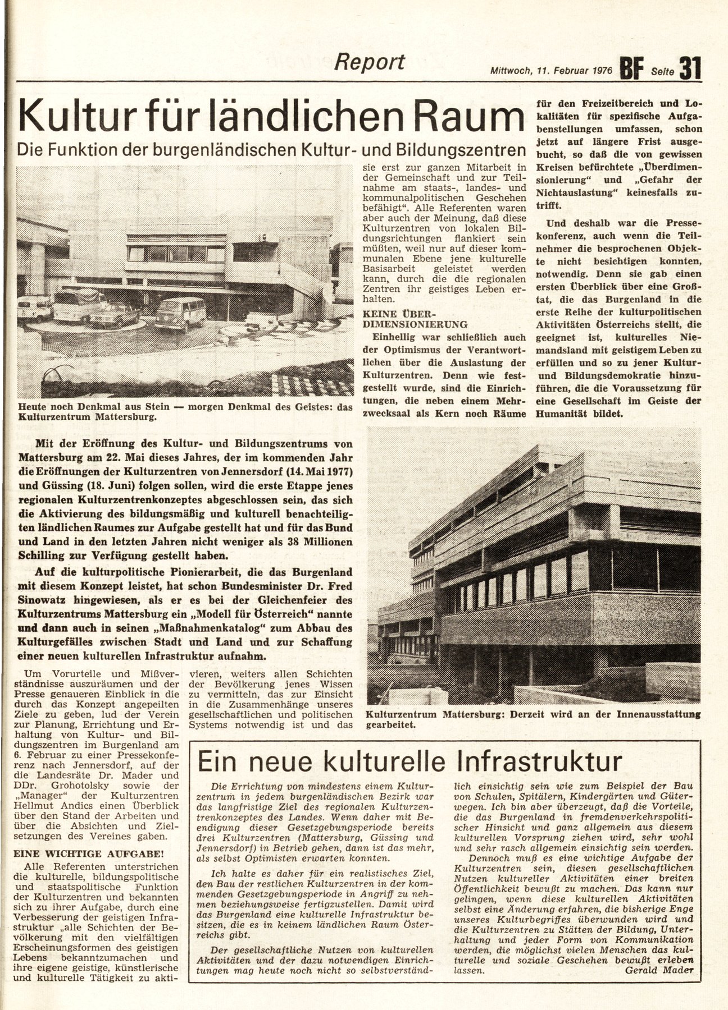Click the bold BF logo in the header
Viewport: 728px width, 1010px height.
point(633,70)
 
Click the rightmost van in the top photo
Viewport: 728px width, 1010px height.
point(181,311)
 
